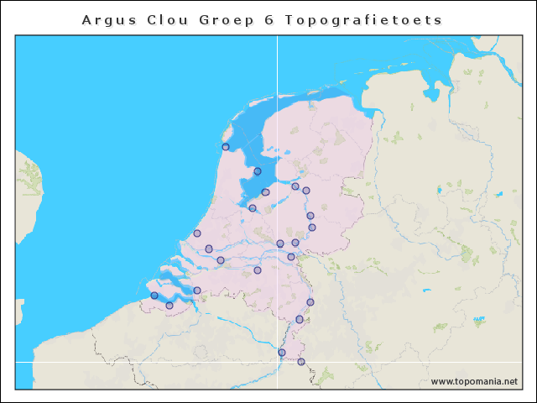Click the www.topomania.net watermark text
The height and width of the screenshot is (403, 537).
click(x=474, y=381)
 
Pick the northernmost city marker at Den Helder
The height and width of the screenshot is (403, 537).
click(x=226, y=147)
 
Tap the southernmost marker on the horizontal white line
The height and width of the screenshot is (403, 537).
click(x=301, y=362)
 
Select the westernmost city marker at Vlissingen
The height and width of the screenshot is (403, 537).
click(x=154, y=296)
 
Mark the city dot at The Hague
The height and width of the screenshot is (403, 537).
click(x=197, y=233)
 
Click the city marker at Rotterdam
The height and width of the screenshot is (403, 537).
click(x=209, y=249)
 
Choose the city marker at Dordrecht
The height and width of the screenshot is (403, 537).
click(x=221, y=260)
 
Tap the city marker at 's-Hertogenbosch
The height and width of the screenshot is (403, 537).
click(x=258, y=270)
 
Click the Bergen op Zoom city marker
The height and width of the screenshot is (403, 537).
click(x=197, y=290)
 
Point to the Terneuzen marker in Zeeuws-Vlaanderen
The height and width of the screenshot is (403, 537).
click(x=169, y=306)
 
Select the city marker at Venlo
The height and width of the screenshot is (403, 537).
click(x=310, y=302)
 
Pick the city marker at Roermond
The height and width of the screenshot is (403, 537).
click(x=300, y=319)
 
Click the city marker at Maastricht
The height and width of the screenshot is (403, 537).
click(x=282, y=353)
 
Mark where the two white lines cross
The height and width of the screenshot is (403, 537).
click(x=277, y=362)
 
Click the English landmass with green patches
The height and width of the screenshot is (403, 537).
click(x=28, y=193)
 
